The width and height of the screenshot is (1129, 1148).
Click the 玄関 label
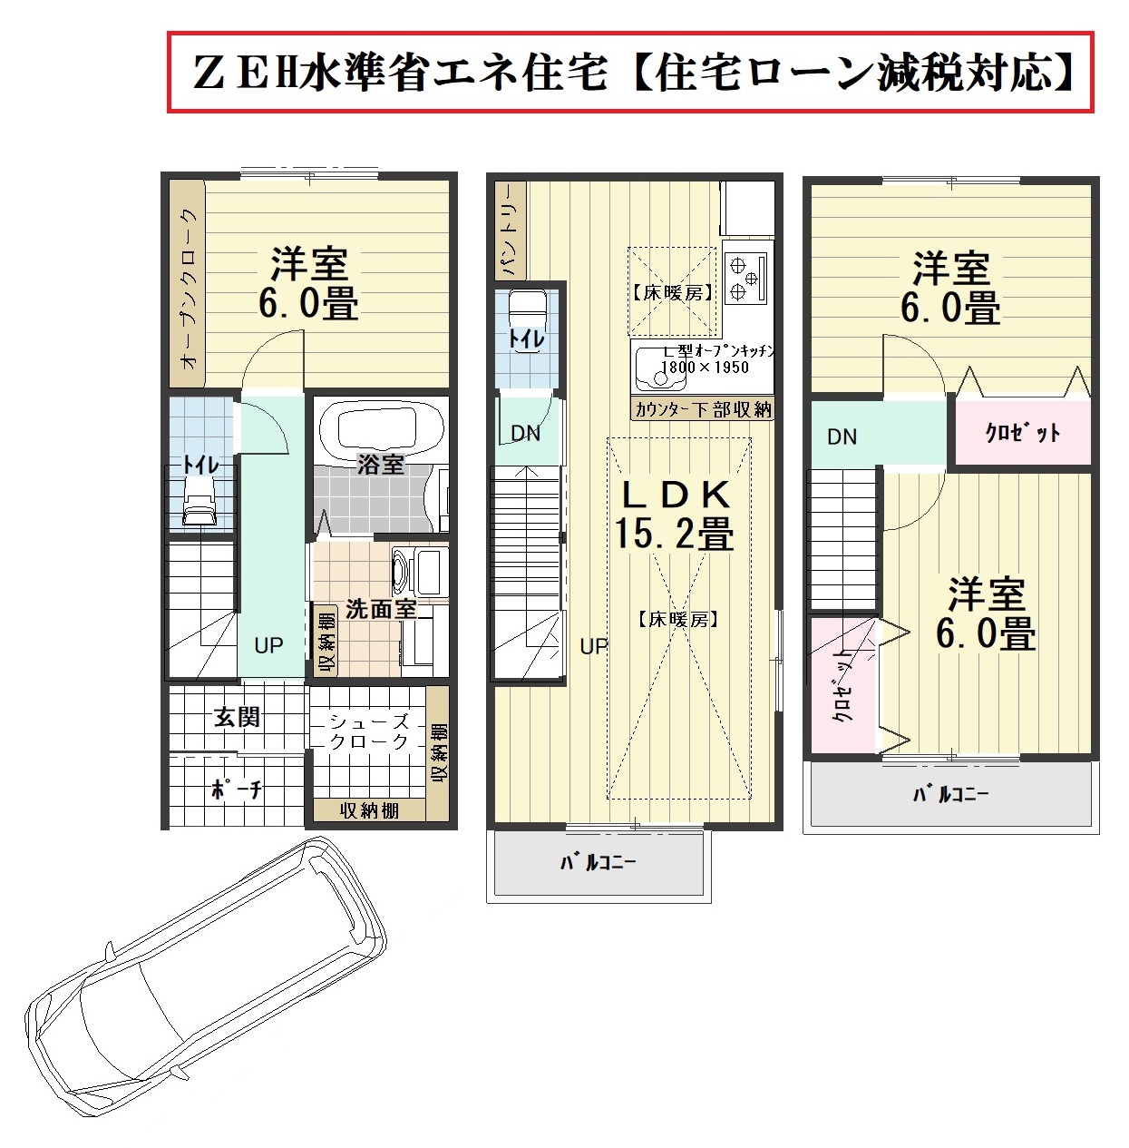pos(237,717)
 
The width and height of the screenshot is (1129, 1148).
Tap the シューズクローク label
pos(369,731)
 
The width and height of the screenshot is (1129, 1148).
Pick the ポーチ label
pos(237,790)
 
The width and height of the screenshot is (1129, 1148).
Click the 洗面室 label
pos(381,609)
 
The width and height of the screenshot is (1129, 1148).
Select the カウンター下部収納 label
pos(703,409)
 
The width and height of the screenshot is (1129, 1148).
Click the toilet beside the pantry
pos(528,322)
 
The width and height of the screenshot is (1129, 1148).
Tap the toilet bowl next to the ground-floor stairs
pos(199,500)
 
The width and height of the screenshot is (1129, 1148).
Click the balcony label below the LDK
pos(598,862)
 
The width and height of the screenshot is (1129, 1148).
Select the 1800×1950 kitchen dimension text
pos(705,367)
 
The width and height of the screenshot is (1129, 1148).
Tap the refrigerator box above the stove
pos(747,208)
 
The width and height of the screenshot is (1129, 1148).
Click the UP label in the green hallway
pos(268,645)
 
